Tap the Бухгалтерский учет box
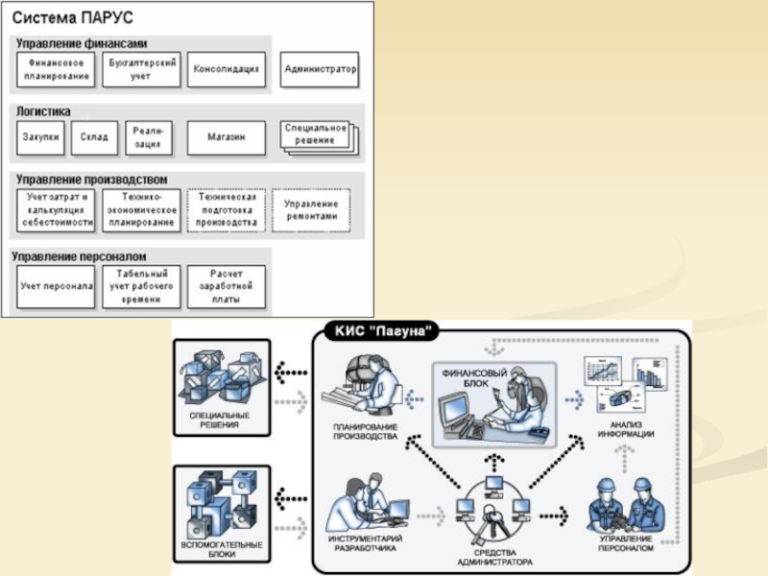tap(141, 69)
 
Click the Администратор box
tap(320, 69)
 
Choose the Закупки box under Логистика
tap(40, 138)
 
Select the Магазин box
tap(227, 138)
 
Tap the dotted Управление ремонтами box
tap(311, 210)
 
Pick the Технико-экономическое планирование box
tap(141, 209)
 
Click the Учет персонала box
tap(56, 287)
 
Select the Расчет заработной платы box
tap(226, 287)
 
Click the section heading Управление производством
tap(92, 179)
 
